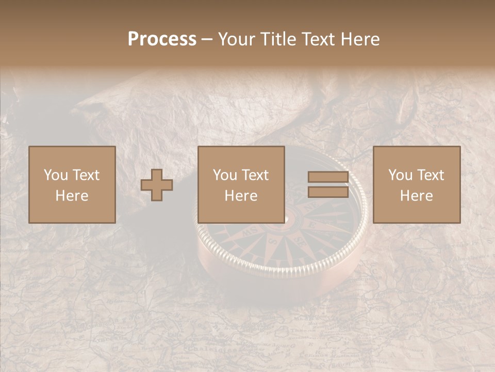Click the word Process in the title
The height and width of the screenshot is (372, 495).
162,39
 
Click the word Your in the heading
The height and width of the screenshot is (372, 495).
237,39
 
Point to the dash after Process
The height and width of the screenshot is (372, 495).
207,40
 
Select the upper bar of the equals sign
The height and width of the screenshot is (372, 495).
328,177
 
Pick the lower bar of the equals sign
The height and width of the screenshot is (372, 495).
328,191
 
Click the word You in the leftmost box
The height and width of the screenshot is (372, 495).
55,175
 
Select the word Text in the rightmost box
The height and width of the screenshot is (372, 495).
431,175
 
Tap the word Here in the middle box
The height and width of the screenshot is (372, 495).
241,196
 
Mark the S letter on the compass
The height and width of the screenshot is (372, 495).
273,241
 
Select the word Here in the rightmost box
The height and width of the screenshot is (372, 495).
416,196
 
